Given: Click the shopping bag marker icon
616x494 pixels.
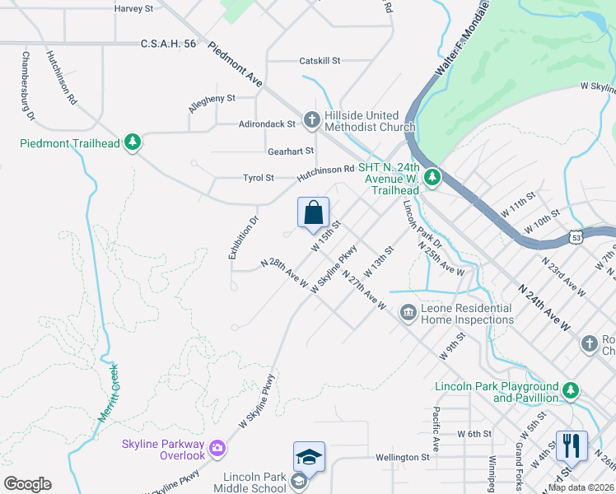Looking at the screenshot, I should click(313, 213).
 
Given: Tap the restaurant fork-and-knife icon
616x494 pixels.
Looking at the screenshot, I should click(572, 446).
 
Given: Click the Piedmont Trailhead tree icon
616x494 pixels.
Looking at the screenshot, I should click(132, 142).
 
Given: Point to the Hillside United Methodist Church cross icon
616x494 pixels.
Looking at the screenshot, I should click(311, 121).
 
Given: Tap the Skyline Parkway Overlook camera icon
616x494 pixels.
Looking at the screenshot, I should click(217, 448).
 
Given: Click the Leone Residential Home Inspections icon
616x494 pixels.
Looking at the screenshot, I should click(407, 313).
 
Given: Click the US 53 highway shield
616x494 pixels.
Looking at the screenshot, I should click(577, 237).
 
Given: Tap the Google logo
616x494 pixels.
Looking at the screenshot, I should click(27, 484).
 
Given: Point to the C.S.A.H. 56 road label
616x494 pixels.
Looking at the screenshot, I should click(168, 44).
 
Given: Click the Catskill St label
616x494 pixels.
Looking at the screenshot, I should click(320, 61).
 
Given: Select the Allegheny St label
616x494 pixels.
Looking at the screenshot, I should click(212, 98).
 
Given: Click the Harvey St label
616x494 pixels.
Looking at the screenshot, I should click(134, 8).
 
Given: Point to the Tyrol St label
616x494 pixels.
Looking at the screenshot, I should click(258, 178).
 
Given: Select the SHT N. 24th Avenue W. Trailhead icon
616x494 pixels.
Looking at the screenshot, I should click(431, 176).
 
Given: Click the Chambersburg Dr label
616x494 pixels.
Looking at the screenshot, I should click(28, 86).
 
